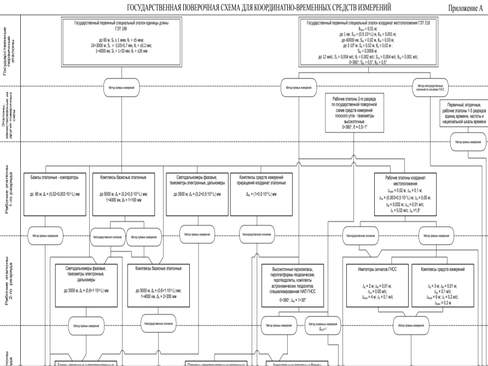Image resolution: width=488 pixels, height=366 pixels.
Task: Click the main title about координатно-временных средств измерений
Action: pyautogui.click(x=259, y=8)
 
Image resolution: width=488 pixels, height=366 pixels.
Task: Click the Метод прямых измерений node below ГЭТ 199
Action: pyautogui.click(x=119, y=86)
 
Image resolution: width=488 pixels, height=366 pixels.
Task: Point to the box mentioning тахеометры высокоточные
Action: pyautogui.click(x=354, y=112)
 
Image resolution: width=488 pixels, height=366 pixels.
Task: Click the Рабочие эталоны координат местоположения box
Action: pyautogui.click(x=405, y=194)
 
